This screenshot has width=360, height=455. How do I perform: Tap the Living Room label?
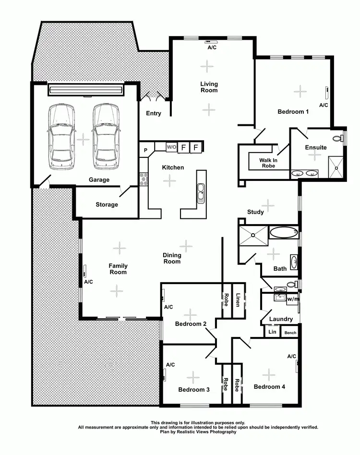point(209,87)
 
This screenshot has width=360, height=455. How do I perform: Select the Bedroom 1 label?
point(293,112)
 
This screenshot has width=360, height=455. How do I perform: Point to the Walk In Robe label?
point(268,163)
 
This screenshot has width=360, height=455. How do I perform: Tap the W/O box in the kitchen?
point(171,147)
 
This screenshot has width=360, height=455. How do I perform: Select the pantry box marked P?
point(145,150)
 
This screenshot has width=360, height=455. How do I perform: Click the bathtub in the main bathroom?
point(284,233)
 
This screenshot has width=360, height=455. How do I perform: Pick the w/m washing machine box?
point(292,299)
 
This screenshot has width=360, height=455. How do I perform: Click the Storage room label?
point(107,204)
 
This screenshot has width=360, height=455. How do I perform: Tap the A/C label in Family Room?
point(88,282)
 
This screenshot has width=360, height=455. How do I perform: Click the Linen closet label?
point(238,299)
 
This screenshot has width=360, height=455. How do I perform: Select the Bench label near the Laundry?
point(290,333)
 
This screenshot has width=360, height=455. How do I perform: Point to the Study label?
point(255,212)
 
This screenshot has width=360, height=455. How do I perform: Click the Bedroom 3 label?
point(193,390)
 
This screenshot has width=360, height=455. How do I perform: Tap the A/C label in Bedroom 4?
point(291,356)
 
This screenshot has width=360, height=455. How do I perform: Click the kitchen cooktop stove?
point(143,179)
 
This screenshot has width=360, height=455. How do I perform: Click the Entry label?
point(154,113)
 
